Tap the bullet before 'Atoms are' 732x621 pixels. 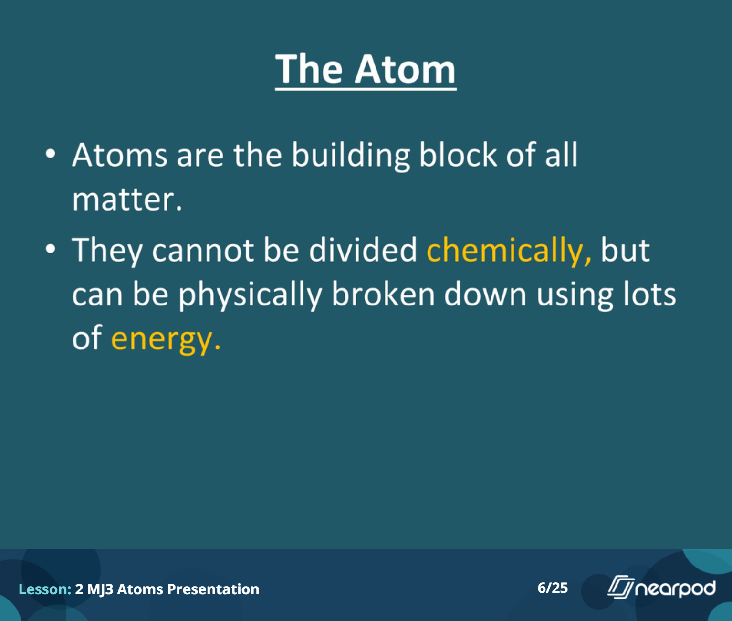[51, 154]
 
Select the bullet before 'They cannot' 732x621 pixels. [51, 249]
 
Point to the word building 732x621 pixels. [351, 156]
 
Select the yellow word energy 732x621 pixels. [166, 339]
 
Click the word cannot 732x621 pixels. [203, 251]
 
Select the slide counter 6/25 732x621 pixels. [553, 588]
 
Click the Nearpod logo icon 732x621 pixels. [621, 587]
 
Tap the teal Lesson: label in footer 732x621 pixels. [45, 589]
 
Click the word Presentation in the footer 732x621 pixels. [213, 589]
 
